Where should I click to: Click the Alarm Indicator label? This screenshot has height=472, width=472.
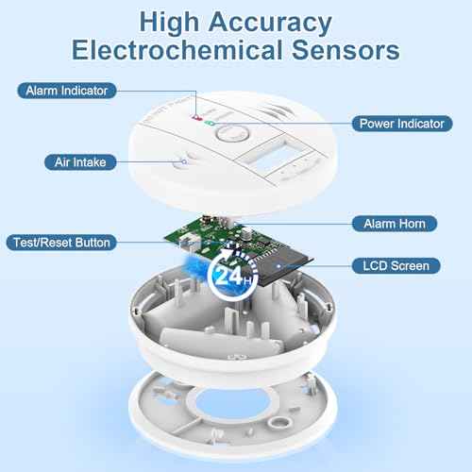coord(67,91)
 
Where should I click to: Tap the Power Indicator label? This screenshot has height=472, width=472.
coord(402,124)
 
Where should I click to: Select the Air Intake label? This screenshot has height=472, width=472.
coord(80,162)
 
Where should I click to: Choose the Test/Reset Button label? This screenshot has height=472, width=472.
coord(61,243)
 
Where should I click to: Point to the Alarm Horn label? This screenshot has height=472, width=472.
coord(395,224)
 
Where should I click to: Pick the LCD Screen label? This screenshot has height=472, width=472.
coord(396,266)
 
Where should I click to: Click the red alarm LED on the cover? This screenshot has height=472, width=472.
coord(197,118)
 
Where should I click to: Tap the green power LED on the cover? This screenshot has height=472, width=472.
coord(210,123)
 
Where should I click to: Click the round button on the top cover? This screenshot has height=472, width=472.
coord(232,133)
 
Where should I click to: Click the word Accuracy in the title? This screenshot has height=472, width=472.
coord(270,23)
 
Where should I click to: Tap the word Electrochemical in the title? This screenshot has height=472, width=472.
coord(177,50)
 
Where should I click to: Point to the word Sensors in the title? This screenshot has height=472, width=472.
coord(346,50)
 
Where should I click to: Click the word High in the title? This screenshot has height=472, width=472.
coord(169,23)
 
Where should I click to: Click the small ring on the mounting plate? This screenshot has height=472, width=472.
coord(278,421)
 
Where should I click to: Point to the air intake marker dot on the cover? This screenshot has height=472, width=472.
coord(184,161)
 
